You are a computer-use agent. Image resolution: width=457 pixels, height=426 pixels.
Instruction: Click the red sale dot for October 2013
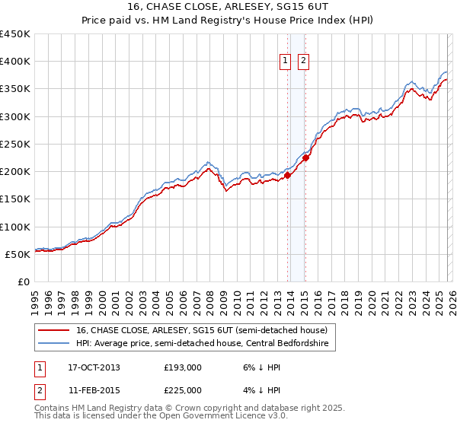click(288, 175)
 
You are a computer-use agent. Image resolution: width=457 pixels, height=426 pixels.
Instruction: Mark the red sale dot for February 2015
click(305, 157)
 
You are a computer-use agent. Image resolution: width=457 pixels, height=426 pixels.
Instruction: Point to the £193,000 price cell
click(183, 367)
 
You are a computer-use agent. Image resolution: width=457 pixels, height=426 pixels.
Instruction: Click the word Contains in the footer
click(52, 409)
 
